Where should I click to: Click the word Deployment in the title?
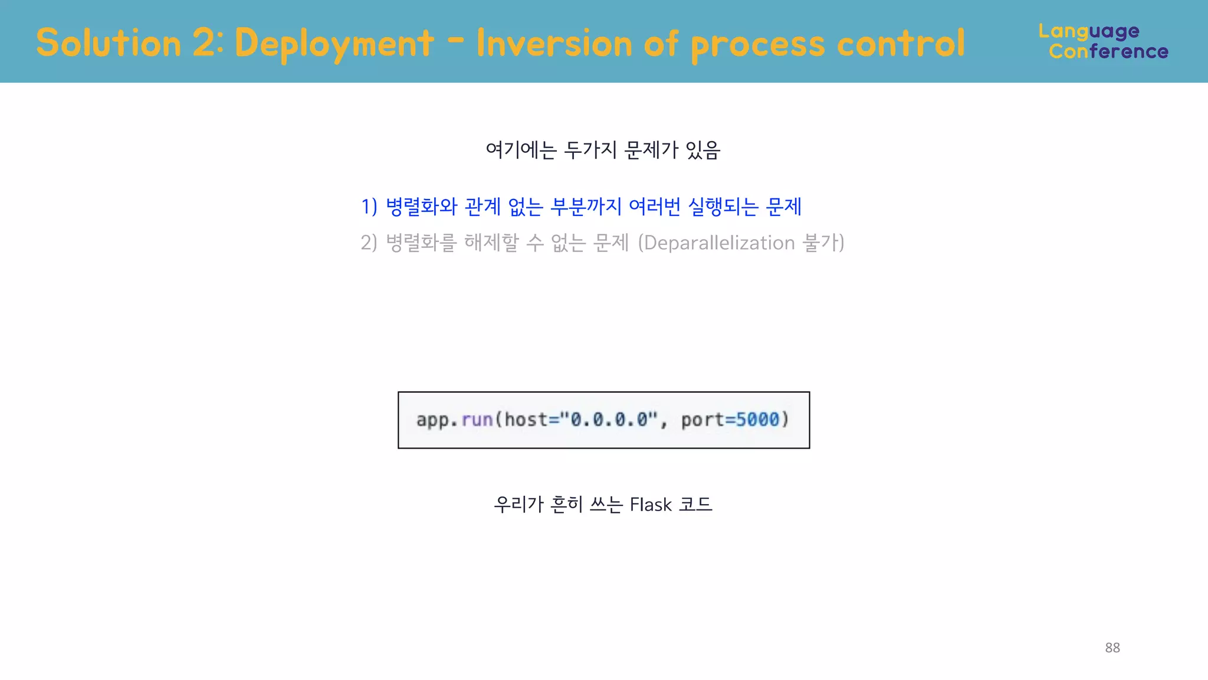[x=334, y=44]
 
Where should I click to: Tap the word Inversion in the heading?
[x=554, y=44]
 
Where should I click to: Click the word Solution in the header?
[x=109, y=44]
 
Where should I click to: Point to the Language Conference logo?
[x=1103, y=41]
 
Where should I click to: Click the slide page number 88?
[x=1112, y=648]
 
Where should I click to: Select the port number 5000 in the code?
[x=757, y=420]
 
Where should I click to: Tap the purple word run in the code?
[x=477, y=420]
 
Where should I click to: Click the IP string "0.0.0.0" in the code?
[x=608, y=420]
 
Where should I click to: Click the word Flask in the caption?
[x=651, y=505]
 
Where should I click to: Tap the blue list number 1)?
[x=369, y=207]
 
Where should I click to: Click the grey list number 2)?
[x=369, y=243]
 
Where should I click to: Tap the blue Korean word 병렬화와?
[x=422, y=207]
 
